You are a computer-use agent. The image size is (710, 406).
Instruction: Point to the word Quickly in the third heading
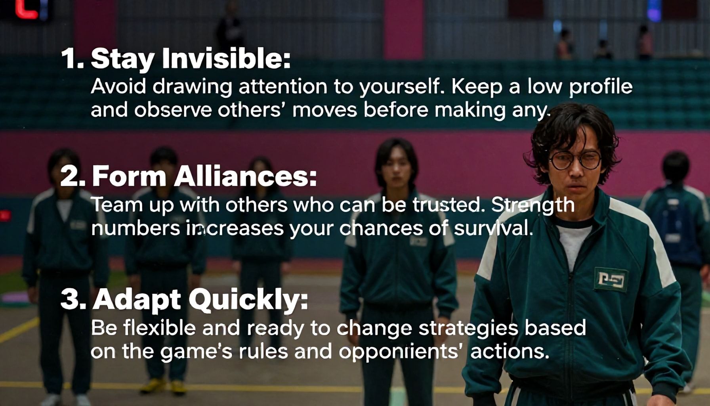point(248,300)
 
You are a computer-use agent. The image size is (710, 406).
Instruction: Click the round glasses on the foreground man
point(575,159)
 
